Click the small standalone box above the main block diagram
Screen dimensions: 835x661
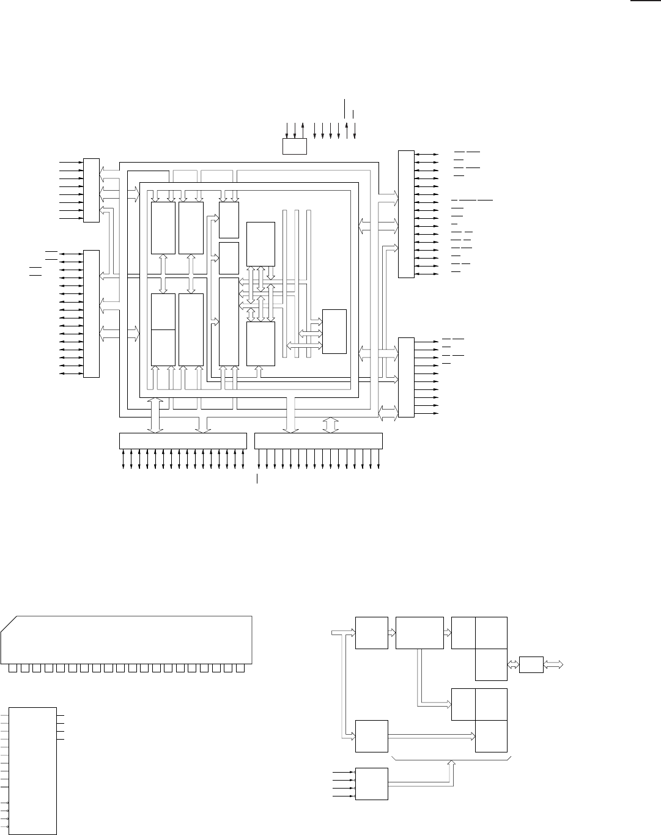coord(294,147)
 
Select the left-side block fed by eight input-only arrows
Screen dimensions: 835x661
coord(91,190)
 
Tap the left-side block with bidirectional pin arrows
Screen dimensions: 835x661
coord(91,314)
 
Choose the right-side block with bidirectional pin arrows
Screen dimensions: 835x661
coord(406,213)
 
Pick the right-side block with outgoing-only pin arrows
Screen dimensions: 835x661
coord(406,377)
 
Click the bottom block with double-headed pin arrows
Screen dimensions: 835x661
coord(182,440)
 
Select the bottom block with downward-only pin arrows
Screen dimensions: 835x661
coord(318,440)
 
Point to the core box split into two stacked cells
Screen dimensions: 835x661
coord(163,329)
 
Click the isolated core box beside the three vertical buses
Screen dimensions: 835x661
coord(334,331)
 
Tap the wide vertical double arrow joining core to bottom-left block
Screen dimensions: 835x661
coord(156,415)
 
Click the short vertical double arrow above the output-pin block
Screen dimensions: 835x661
coord(330,424)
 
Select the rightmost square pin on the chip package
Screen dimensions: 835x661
coord(240,668)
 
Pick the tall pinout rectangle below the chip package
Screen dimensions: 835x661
coord(33,770)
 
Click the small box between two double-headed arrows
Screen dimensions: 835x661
coord(531,664)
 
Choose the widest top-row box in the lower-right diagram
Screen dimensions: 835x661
coord(419,633)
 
